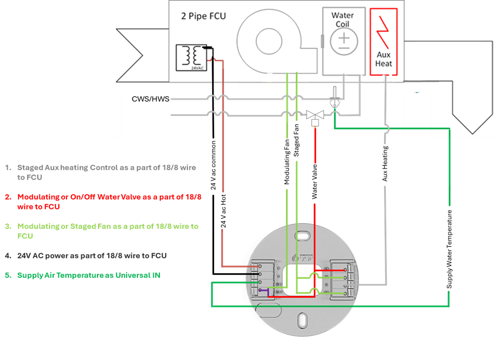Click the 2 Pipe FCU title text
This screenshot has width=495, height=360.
[x=203, y=16]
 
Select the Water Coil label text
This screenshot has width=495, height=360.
[x=343, y=20]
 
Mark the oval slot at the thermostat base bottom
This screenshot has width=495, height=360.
[x=301, y=320]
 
